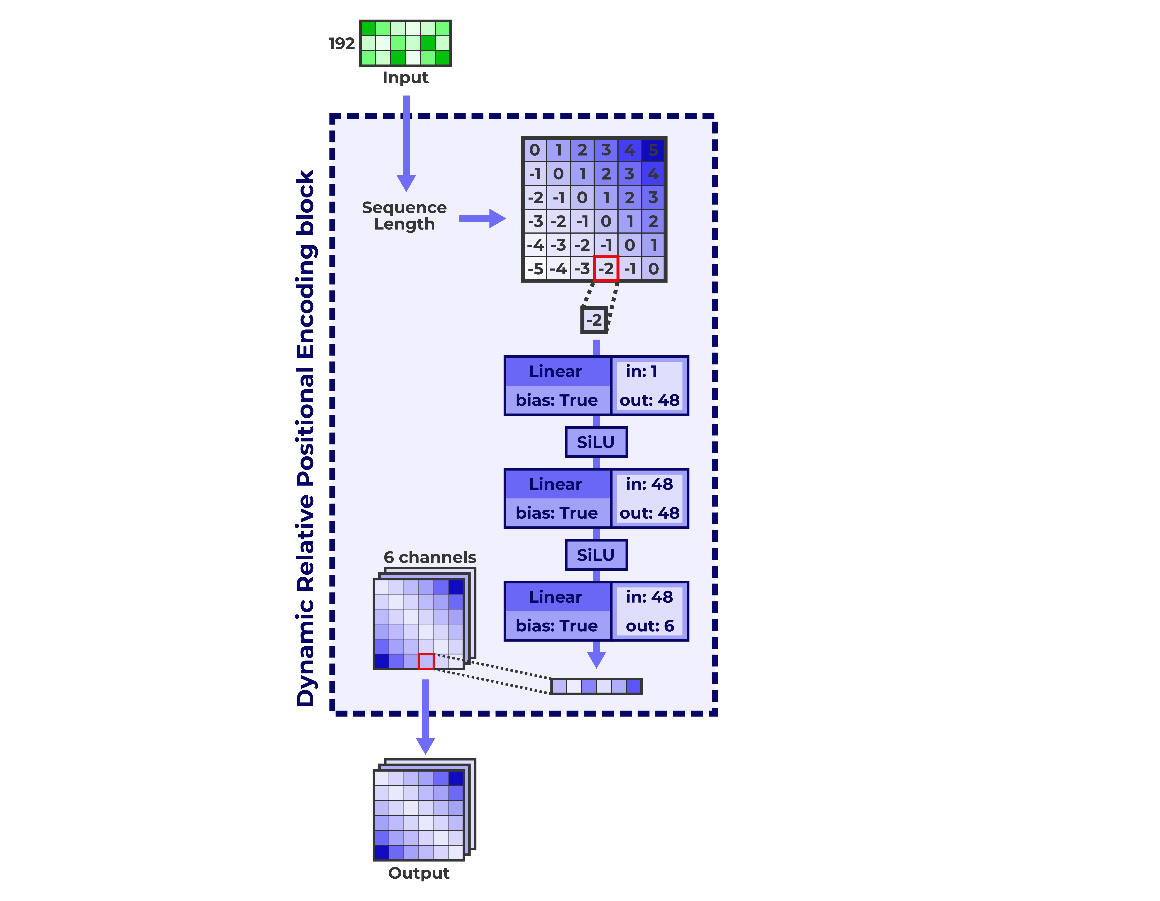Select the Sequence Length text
404,215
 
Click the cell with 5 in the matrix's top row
653,150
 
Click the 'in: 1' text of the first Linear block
642,371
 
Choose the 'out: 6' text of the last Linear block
650,626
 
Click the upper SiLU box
596,442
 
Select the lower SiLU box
596,555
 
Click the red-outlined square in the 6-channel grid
426,661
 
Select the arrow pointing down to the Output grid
425,717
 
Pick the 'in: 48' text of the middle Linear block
649,484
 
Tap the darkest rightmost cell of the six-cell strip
634,686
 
